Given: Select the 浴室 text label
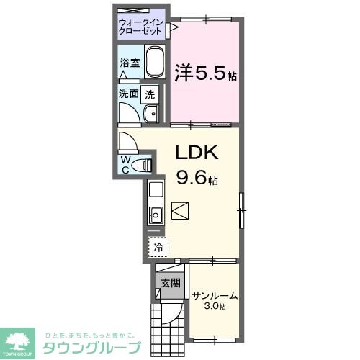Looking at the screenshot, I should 129,63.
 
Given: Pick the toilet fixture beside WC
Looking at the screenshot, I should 145,165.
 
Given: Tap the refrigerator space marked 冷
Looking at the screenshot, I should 157,247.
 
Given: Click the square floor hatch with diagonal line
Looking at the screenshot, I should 180,212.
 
